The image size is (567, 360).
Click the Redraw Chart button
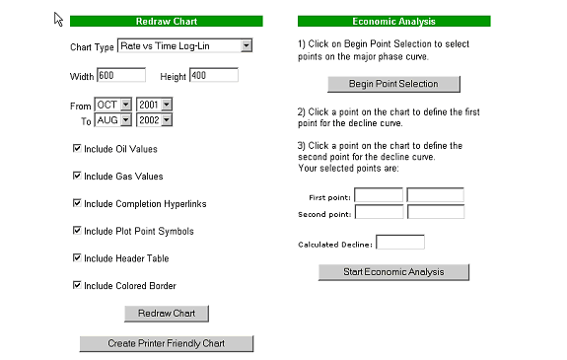click(167, 314)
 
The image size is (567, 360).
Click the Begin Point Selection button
click(393, 84)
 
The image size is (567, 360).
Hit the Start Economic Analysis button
click(393, 272)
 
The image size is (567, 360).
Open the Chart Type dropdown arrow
click(247, 45)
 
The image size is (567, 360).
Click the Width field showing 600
click(121, 75)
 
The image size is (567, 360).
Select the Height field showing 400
click(214, 75)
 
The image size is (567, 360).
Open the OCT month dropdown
click(112, 105)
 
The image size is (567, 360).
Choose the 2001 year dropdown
click(155, 105)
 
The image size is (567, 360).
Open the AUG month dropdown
click(112, 119)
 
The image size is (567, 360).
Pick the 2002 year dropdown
click(155, 119)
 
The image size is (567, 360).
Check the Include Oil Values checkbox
click(77, 148)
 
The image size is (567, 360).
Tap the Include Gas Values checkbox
click(77, 176)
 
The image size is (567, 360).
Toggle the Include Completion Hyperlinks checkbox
click(77, 203)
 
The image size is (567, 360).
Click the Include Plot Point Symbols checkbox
click(77, 231)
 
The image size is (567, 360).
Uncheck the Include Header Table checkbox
click(77, 257)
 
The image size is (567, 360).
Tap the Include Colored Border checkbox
click(77, 285)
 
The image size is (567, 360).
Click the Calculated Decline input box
click(400, 242)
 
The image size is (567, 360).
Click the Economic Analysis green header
click(394, 21)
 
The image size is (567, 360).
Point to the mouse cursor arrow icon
click(58, 19)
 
